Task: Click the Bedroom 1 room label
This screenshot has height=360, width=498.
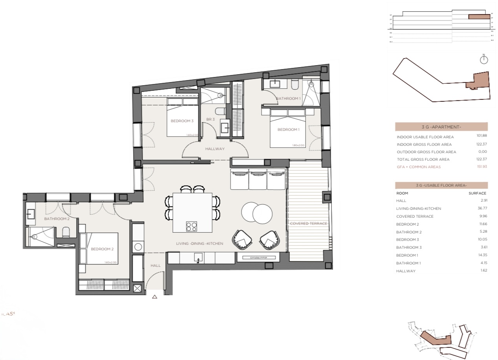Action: [288, 129]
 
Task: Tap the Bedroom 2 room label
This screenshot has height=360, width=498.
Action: [102, 249]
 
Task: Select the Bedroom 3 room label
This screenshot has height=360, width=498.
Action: [182, 121]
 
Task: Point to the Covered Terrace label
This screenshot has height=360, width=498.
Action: [308, 224]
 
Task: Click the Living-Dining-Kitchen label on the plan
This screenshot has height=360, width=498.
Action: [200, 244]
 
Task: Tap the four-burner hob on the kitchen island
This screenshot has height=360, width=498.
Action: [191, 227]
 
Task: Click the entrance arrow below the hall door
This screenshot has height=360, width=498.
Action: [155, 297]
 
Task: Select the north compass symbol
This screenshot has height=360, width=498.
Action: [484, 60]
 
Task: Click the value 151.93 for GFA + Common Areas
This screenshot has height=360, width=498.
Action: [481, 167]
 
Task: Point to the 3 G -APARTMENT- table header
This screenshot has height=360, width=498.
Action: [441, 127]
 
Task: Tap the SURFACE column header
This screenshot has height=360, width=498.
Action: [477, 193]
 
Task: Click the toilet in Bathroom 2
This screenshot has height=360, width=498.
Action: [66, 232]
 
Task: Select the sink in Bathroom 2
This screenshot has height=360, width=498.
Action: [31, 214]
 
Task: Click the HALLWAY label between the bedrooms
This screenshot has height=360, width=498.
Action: [214, 149]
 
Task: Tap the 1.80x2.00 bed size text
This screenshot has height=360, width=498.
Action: [298, 145]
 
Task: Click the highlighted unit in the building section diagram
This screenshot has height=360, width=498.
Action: [479, 17]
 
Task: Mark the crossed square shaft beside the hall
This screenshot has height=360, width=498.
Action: [137, 289]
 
